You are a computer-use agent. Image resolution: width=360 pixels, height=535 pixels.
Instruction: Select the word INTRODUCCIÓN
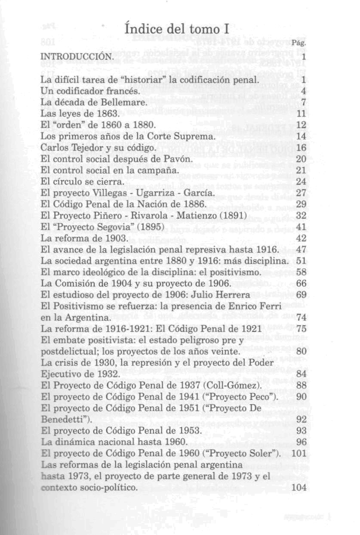pos(77,57)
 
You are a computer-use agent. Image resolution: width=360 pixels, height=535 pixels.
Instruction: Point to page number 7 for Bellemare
pos(303,102)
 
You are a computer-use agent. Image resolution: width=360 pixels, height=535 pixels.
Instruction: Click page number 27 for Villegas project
pos(301,192)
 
